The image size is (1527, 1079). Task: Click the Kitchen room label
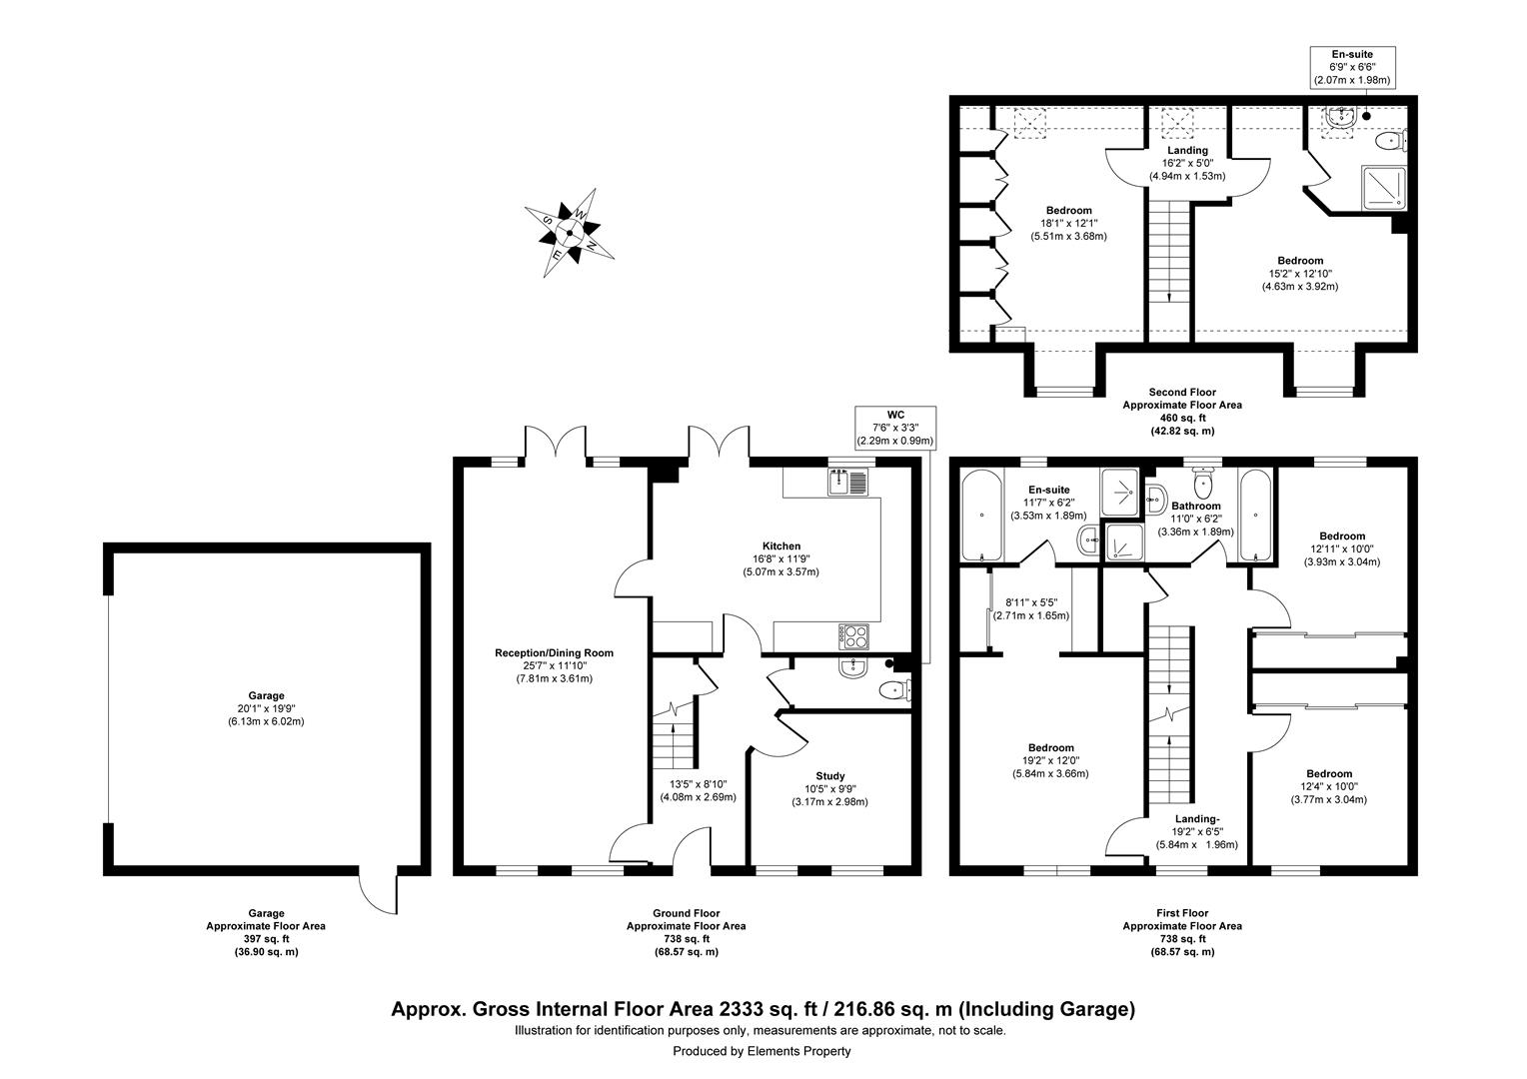(x=781, y=546)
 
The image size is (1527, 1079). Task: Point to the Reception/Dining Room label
(x=554, y=653)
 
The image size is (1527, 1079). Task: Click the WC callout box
(x=894, y=427)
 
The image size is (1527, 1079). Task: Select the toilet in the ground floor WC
(x=892, y=690)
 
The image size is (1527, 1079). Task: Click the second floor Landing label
(x=1185, y=151)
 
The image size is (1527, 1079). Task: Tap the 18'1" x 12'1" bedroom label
(x=1067, y=210)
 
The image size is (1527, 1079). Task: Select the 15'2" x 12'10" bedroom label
(x=1299, y=261)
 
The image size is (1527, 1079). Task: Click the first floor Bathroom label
(x=1197, y=507)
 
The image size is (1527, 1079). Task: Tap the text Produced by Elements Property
(x=762, y=1051)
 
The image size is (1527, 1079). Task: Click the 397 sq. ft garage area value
(x=265, y=939)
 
